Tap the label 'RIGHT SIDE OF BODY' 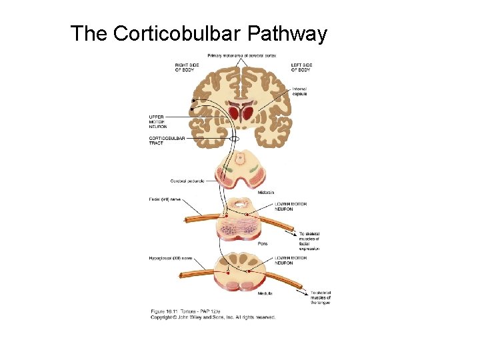185,67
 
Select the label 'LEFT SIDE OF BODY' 301,67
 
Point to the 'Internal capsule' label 299,91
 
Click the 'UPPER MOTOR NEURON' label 158,121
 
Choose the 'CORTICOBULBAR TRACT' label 167,140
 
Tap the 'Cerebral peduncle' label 187,181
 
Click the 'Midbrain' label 265,192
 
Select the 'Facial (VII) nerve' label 164,199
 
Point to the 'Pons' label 263,244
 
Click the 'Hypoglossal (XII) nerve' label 170,257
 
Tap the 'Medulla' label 265,292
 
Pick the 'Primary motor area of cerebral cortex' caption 241,55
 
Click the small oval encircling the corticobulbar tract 234,139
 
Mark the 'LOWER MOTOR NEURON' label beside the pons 291,207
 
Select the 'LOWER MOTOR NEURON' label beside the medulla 291,260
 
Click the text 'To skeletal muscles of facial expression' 309,241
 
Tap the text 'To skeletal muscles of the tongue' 321,297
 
